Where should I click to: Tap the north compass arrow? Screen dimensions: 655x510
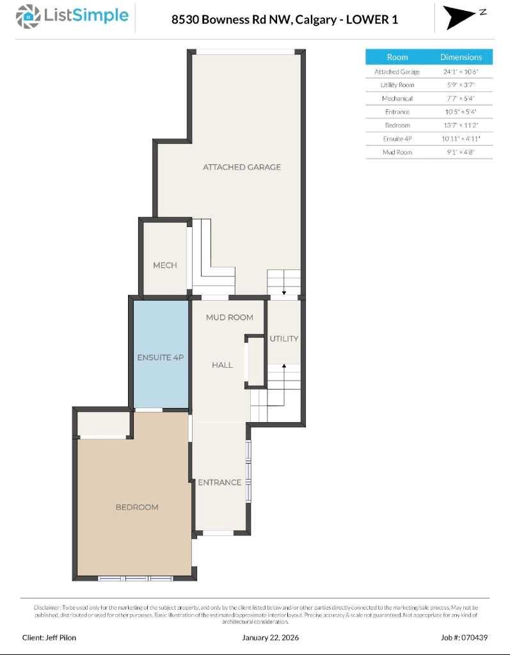point(459,17)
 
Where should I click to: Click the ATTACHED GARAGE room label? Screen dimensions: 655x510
point(242,167)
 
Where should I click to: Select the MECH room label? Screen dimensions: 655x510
point(164,265)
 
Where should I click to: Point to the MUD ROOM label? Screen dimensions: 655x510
point(229,317)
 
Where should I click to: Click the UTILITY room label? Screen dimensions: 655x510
point(283,338)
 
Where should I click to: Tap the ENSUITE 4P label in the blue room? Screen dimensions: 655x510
point(160,358)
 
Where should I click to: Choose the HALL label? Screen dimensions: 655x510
point(222,365)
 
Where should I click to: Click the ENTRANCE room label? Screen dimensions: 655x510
point(219,482)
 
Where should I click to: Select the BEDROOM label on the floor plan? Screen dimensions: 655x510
point(137,507)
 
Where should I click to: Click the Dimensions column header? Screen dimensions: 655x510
point(461,57)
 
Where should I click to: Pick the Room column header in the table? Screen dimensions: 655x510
point(397,57)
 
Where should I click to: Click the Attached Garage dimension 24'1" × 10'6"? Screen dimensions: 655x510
point(461,72)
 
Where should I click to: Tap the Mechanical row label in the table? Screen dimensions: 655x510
point(397,99)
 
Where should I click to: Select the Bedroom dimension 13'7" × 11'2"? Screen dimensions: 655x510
point(461,125)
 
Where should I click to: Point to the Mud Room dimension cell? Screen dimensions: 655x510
point(461,152)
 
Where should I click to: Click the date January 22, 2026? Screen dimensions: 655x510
point(270,637)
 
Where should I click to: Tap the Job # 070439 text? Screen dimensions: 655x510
point(464,637)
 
